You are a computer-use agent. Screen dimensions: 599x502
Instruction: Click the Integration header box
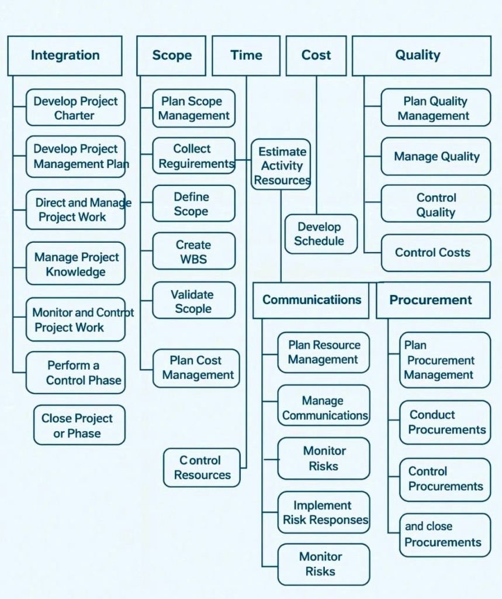[x=65, y=56]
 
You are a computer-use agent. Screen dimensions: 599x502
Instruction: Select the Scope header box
[x=171, y=56]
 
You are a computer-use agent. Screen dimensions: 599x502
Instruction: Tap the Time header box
[x=246, y=56]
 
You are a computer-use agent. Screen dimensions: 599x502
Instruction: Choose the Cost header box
[x=316, y=56]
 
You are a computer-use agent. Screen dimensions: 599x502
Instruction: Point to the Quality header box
[x=421, y=56]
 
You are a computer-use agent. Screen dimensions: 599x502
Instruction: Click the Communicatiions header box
[x=311, y=300]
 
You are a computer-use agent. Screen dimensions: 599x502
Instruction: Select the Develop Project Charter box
[x=75, y=108]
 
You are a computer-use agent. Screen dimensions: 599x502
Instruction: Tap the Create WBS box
[x=193, y=252]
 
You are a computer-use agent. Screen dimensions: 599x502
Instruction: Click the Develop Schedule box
[x=320, y=233]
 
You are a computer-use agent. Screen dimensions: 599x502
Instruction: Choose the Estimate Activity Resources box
[x=282, y=166]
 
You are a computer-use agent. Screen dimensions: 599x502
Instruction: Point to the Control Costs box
[x=435, y=253]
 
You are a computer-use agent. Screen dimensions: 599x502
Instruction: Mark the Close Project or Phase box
[x=79, y=425]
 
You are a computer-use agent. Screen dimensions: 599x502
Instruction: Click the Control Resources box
[x=202, y=468]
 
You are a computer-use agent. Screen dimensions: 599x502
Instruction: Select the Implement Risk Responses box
[x=323, y=512]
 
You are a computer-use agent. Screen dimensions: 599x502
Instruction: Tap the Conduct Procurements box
[x=445, y=422]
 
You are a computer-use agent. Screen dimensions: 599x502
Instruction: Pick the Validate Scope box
[x=193, y=301]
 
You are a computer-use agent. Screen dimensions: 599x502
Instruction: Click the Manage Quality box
[x=435, y=156]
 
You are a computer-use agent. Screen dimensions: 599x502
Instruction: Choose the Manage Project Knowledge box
[x=75, y=264]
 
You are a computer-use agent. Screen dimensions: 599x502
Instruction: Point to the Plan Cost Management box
[x=196, y=368]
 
